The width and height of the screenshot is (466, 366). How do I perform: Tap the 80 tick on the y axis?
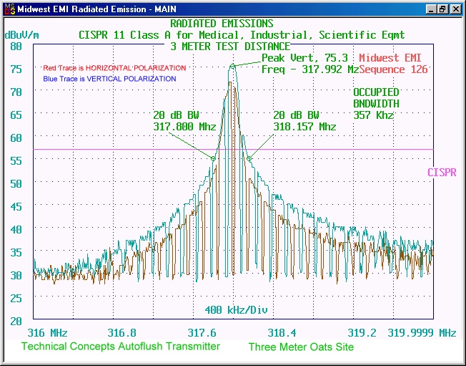16,46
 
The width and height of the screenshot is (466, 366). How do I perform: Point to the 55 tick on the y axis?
16,160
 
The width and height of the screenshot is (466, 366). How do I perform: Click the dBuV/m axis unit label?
23,34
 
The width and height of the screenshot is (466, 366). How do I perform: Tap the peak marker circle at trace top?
232,66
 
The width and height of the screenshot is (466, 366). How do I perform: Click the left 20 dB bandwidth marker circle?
213,158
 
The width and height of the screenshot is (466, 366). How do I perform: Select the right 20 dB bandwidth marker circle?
249,158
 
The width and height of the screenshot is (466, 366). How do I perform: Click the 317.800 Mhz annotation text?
184,127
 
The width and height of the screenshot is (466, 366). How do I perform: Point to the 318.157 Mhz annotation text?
304,127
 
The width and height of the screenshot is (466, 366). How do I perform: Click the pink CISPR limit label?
442,173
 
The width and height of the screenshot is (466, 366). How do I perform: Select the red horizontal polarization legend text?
114,68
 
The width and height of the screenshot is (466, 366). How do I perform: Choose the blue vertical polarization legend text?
109,78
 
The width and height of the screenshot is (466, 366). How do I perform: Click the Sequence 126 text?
393,69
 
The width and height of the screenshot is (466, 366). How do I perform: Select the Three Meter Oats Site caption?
301,347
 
